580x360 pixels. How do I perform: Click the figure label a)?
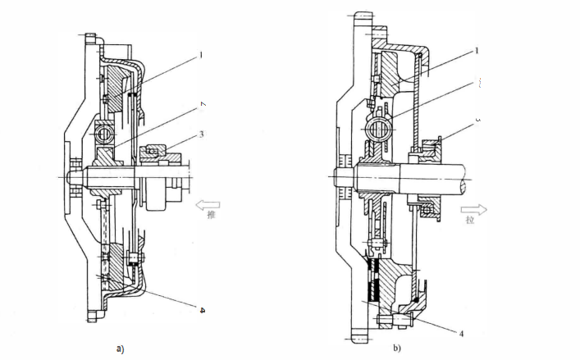click(121, 348)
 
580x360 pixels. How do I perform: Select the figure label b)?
click(397, 348)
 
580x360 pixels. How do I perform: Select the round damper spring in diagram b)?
click(379, 127)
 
